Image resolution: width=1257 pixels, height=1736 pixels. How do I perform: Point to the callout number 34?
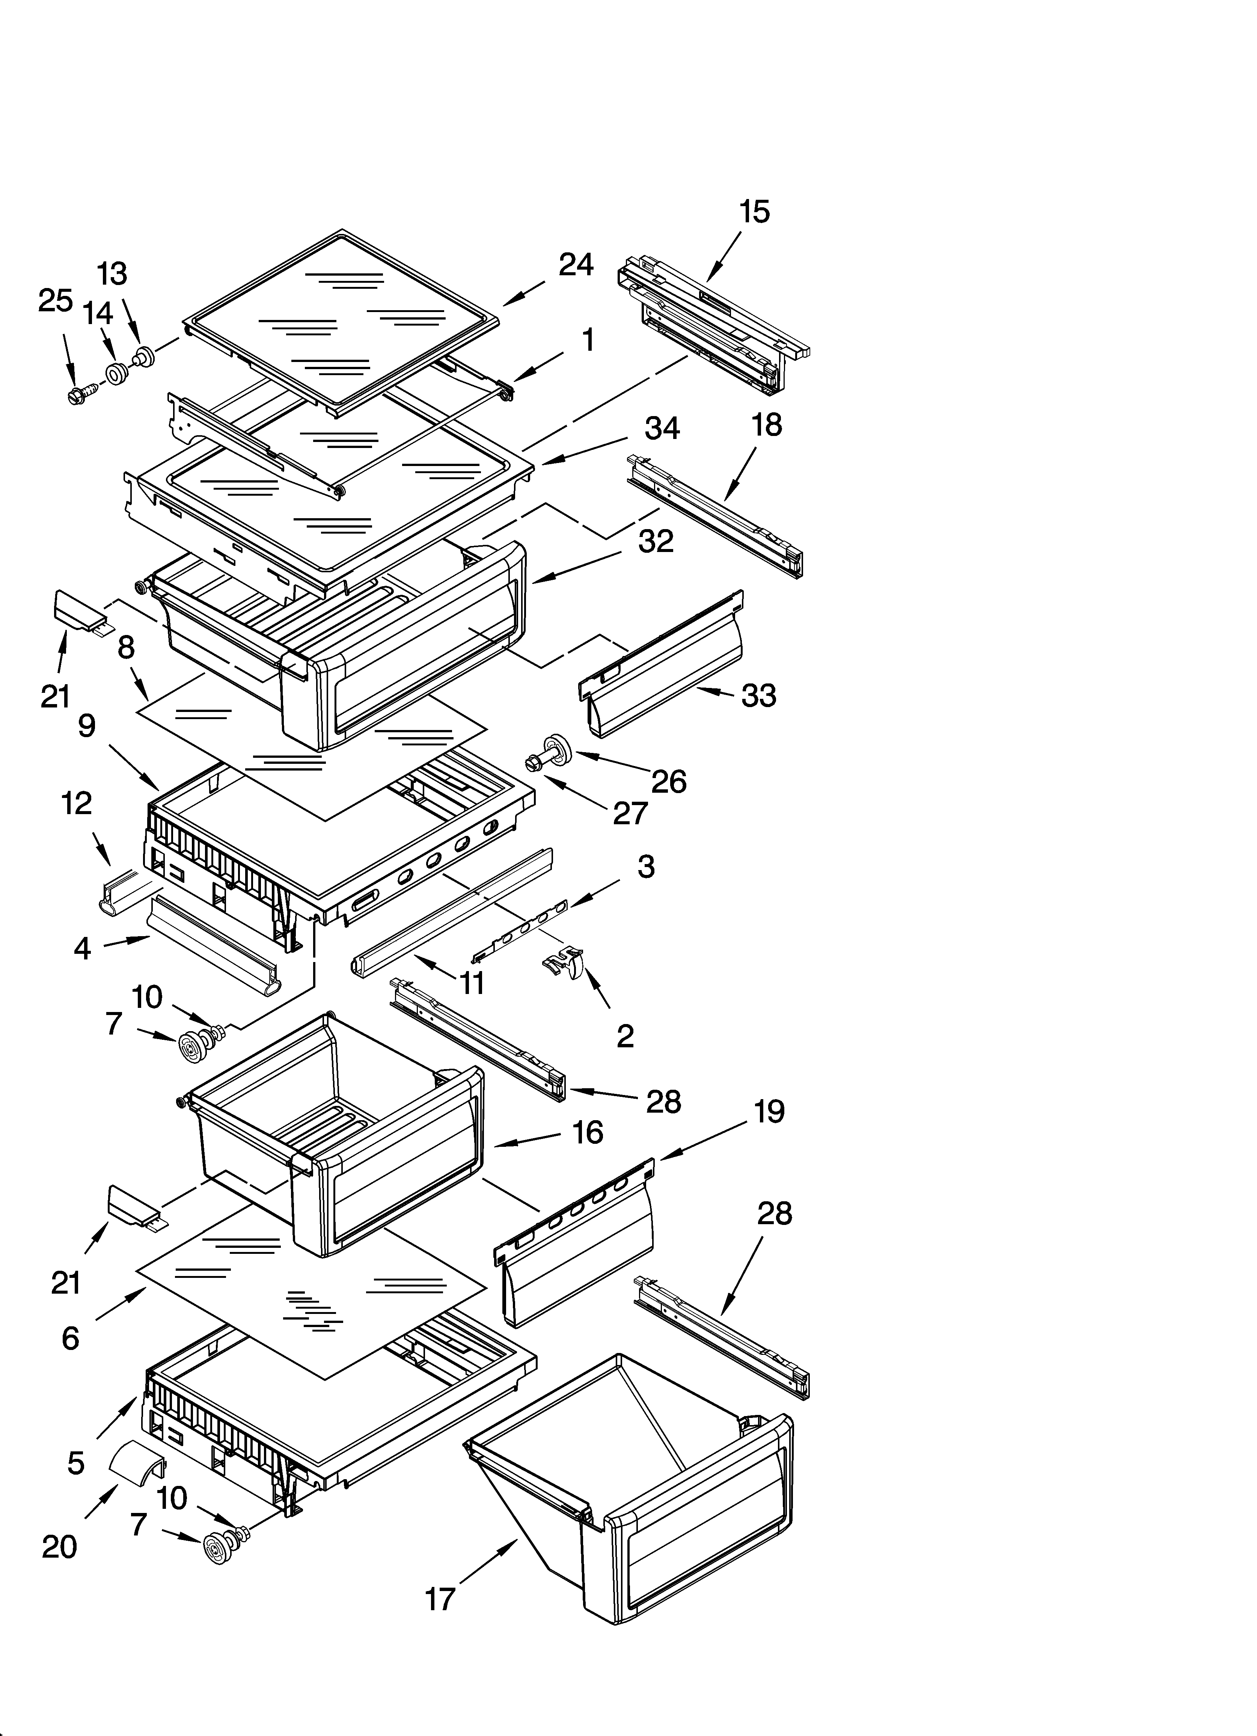pos(662,428)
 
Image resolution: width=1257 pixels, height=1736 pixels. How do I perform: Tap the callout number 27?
pos(630,813)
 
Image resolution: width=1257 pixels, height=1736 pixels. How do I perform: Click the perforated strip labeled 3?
pos(521,927)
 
